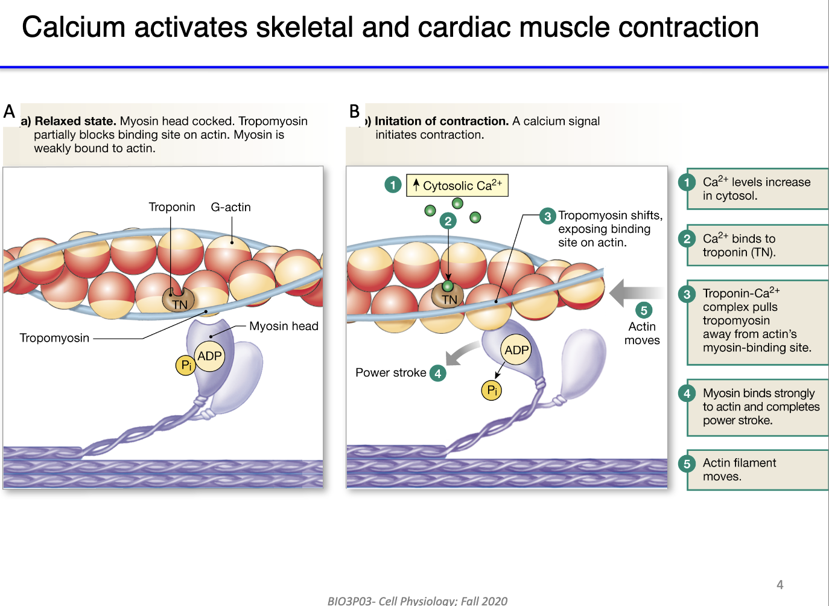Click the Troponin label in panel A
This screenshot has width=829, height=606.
172,207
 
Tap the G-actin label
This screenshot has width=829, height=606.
230,207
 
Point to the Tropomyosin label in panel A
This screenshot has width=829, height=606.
54,338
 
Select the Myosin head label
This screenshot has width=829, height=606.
284,326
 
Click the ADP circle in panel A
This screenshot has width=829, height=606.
209,356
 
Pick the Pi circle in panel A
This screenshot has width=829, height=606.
186,365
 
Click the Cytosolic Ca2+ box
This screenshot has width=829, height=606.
457,185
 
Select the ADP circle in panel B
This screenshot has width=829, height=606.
516,350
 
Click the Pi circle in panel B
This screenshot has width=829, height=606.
492,391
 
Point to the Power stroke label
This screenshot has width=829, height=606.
390,372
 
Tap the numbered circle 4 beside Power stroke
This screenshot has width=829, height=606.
438,374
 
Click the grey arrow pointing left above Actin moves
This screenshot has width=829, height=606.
634,293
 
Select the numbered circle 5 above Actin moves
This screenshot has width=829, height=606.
644,310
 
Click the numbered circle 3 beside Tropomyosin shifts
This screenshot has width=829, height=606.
547,216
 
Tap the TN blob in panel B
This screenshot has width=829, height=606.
448,297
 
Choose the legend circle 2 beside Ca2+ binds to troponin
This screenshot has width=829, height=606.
687,239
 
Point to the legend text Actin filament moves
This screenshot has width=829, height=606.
739,470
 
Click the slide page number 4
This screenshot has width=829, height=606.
780,584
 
